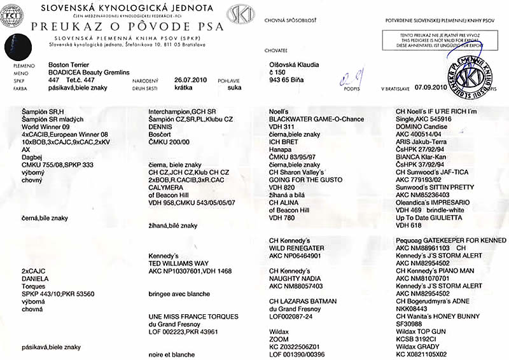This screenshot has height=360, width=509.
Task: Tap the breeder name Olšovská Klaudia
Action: [x=295, y=65]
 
